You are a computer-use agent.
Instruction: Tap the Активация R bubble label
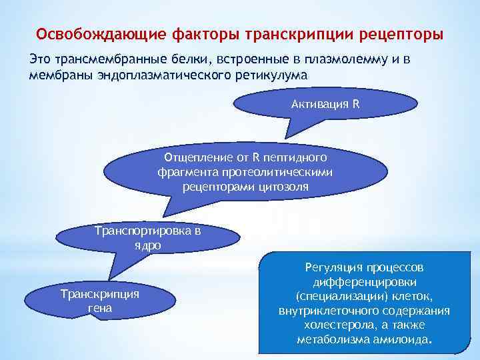click(325, 104)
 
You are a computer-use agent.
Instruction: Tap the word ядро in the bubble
click(147, 245)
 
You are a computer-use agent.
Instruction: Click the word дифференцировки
click(364, 282)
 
